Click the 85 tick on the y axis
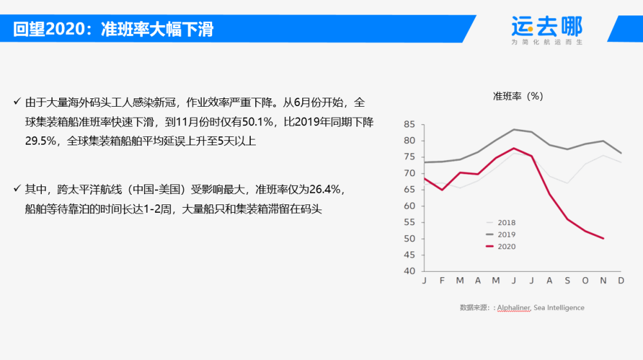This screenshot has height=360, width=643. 409,124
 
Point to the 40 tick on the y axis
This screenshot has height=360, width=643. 409,271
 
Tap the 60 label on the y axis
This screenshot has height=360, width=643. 409,206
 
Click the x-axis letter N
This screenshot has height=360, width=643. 603,280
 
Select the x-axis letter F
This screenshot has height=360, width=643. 442,280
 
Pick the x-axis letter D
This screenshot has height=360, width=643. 621,280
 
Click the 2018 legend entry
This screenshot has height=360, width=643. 501,222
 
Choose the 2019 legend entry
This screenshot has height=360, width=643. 501,235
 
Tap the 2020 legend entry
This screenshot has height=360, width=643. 501,246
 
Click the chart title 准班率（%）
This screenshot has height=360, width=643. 518,96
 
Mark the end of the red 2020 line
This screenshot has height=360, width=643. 603,239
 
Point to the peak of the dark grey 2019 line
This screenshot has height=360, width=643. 514,130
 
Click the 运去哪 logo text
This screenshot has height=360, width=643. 547,26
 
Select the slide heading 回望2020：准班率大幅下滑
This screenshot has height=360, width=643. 113,30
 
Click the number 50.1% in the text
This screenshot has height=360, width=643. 257,122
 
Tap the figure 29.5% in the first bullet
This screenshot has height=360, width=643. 41,141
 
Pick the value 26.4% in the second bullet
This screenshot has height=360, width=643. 325,189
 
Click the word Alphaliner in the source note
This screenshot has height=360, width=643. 514,307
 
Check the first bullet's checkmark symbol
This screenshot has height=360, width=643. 17,102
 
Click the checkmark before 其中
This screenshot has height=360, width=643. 17,188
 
